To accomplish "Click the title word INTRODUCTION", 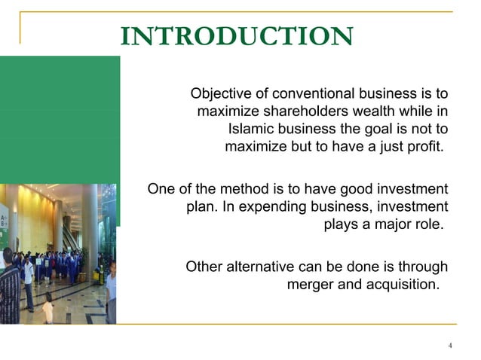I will click(x=236, y=36).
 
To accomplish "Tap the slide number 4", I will click(x=450, y=346).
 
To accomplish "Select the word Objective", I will click(x=221, y=94).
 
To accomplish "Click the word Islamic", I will click(x=252, y=128).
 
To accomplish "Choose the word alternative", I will click(x=259, y=267).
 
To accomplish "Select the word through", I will click(x=422, y=267).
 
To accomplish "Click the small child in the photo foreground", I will click(x=48, y=307).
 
